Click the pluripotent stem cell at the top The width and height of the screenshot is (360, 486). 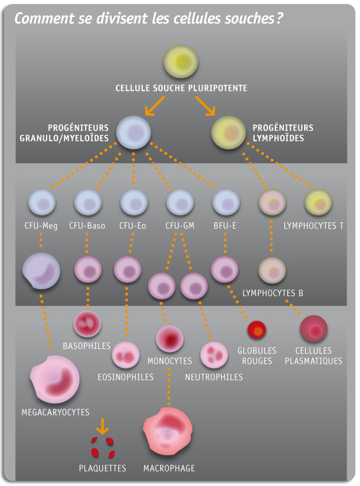click(x=181, y=62)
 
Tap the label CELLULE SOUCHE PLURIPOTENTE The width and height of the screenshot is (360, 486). click(x=181, y=88)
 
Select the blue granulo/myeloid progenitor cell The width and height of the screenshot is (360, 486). click(x=134, y=131)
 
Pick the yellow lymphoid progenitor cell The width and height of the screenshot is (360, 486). click(x=229, y=132)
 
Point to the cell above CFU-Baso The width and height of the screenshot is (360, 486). click(x=88, y=203)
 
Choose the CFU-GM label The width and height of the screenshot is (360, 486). click(x=180, y=226)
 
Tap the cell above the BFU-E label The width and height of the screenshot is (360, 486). click(x=226, y=203)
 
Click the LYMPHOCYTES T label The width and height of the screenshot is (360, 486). click(x=314, y=226)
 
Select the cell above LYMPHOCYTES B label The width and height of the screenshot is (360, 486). click(x=272, y=269)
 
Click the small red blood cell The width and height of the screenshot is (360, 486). click(x=257, y=330)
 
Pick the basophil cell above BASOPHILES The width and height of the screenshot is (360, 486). click(x=88, y=324)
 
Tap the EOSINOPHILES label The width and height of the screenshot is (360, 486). click(x=126, y=377)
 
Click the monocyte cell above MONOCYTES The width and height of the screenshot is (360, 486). click(x=170, y=339)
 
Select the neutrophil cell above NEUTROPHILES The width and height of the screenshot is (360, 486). click(x=214, y=355)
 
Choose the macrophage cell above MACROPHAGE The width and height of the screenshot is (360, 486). click(x=169, y=431)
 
